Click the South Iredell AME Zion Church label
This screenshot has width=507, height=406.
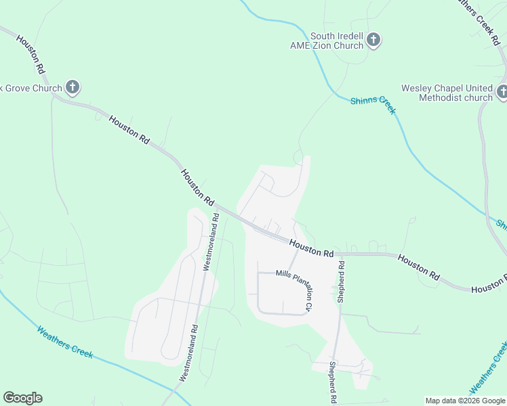pos(337,41)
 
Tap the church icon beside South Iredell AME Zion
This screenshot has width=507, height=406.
pos(373,41)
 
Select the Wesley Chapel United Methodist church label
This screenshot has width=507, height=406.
pos(447,93)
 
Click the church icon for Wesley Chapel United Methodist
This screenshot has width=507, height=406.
pos(502,92)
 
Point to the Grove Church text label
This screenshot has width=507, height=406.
pos(31,88)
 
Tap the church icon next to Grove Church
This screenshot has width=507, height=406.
pos(73,87)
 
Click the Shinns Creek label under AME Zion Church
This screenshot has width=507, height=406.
pos(373,105)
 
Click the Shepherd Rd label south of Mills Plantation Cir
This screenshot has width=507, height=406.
pos(333,382)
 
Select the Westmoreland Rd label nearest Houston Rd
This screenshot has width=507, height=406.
pos(210,242)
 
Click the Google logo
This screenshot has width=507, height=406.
pos(22,398)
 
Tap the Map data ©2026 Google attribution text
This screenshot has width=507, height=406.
pos(465,401)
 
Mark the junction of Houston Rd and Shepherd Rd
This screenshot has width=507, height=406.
pos(338,254)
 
